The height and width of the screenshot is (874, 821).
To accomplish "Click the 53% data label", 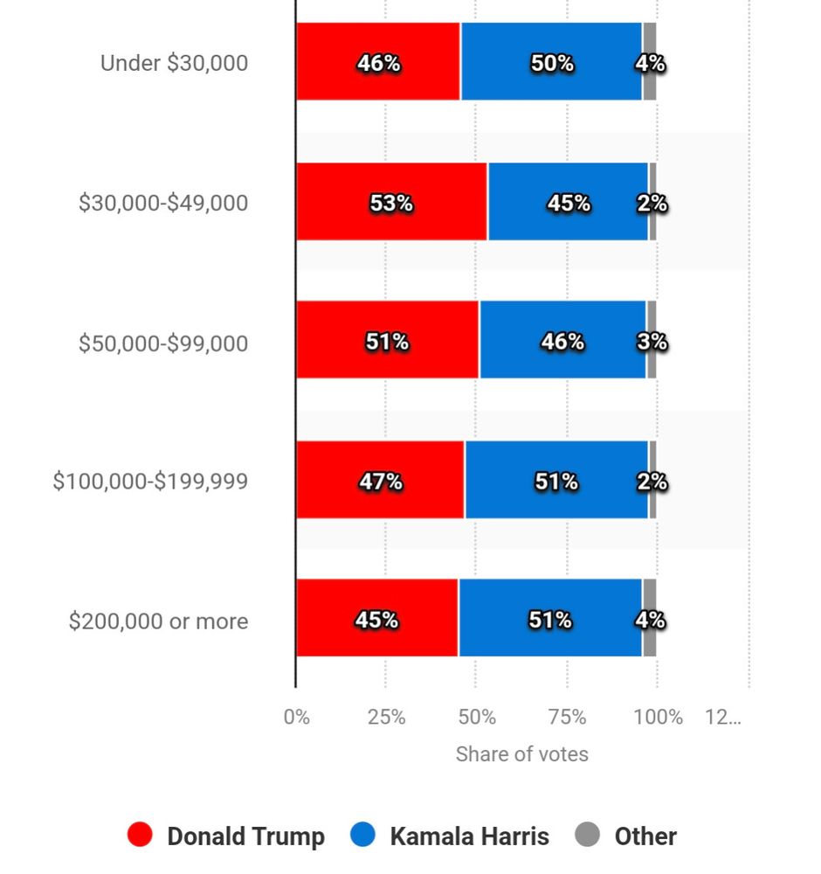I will (390, 204).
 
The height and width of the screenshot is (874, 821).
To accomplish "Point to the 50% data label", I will (552, 64).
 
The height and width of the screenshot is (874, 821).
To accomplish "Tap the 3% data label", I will (652, 342).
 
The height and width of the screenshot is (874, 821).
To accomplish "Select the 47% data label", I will (380, 482).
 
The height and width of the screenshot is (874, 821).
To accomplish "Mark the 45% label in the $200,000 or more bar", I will (376, 621).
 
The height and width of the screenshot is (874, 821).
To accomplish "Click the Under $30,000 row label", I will (174, 63).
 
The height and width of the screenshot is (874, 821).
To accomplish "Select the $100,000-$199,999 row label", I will (150, 482).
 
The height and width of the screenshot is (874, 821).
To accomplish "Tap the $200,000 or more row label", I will (158, 621).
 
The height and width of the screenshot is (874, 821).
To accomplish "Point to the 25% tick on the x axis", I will (386, 718).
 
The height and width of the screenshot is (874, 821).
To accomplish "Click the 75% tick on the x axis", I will (567, 718).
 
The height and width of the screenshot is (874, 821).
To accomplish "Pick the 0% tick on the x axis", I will (297, 718).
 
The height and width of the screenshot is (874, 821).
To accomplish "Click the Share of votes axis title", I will (521, 754).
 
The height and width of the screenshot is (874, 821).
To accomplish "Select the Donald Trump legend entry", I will (226, 836).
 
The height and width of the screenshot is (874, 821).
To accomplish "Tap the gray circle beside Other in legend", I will (587, 836).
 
